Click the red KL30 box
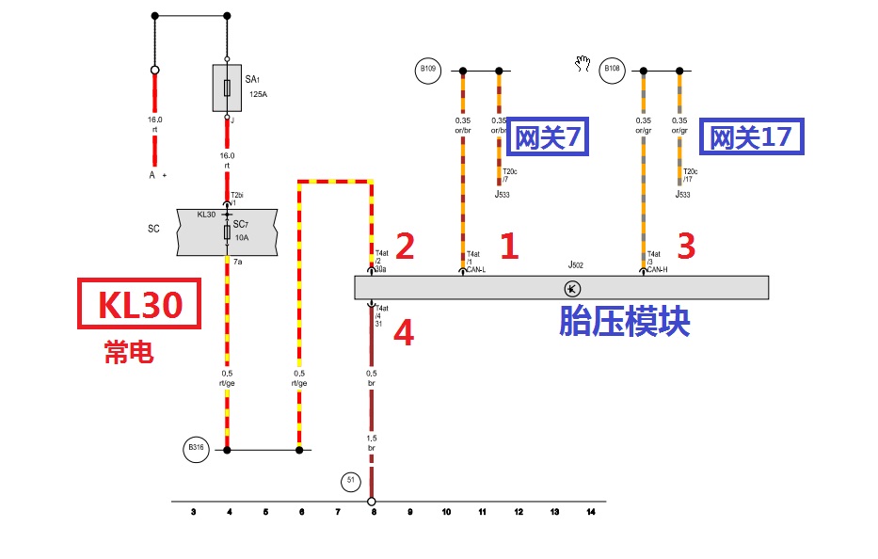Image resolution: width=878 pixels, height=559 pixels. tap(139, 303)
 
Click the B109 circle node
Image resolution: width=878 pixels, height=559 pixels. tap(428, 69)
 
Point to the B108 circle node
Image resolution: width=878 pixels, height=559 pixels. tap(613, 69)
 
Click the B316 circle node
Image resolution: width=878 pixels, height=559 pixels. tap(196, 449)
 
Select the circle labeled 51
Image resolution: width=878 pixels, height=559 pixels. tap(351, 482)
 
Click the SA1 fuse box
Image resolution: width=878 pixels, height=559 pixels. tap(227, 88)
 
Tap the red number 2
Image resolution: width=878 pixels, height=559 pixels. tap(406, 247)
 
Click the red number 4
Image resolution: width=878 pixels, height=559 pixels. tap(403, 334)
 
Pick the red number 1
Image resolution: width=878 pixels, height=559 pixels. tap(509, 247)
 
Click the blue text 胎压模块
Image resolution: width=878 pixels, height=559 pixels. tap(625, 322)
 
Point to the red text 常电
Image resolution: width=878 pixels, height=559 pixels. tap(129, 351)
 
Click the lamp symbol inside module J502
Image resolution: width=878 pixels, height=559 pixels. tap(570, 288)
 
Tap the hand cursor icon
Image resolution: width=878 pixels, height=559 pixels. tap(583, 63)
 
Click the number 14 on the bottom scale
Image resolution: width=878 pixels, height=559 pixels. tap(591, 512)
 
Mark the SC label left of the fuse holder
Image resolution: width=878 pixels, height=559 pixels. tap(153, 229)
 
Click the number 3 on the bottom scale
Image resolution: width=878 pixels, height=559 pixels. tap(193, 512)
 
